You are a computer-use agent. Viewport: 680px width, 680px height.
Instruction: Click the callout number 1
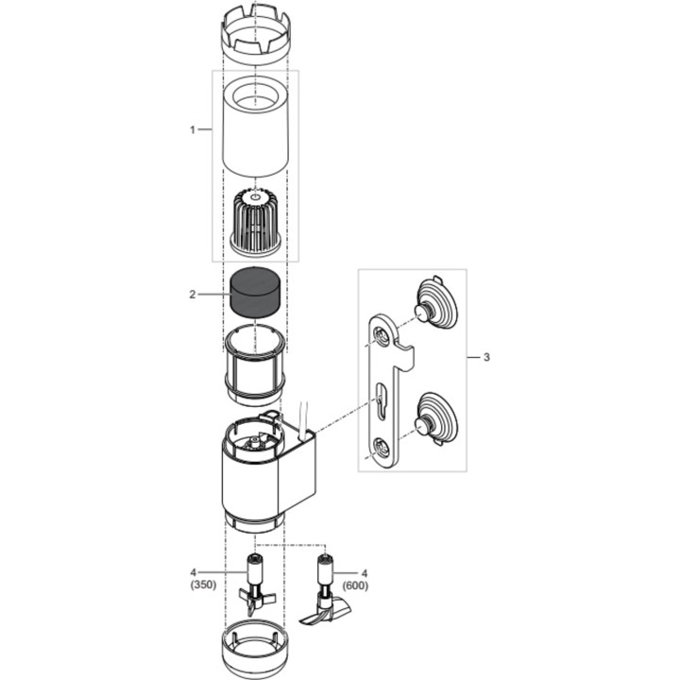tap(193, 128)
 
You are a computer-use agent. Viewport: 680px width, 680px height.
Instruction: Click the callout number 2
tap(193, 295)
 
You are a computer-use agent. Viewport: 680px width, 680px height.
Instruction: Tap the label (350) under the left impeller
tap(202, 585)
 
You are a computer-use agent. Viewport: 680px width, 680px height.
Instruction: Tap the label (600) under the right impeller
tap(355, 585)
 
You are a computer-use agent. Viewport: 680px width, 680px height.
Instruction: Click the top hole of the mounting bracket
tap(382, 337)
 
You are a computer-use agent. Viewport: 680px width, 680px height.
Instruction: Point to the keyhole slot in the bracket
tap(380, 399)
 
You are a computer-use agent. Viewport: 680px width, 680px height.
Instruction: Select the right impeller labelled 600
tap(325, 590)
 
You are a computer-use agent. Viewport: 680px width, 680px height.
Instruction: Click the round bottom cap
tap(253, 648)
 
